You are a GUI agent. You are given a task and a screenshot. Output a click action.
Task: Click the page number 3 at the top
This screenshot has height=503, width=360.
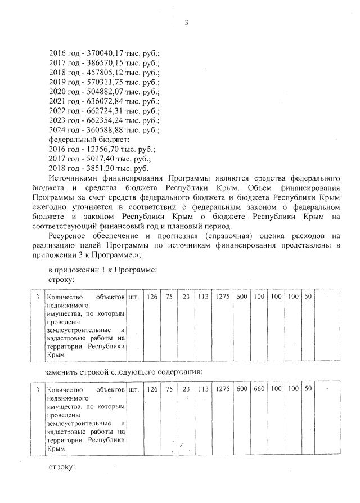187,23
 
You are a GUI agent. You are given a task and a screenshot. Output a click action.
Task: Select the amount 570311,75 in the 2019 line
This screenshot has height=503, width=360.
100,82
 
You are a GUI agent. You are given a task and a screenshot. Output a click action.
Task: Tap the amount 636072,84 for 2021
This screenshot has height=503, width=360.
100,101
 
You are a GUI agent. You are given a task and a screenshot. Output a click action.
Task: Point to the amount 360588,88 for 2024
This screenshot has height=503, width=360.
100,129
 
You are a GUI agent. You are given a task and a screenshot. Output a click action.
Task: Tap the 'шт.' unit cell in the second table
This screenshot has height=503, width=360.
134,389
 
